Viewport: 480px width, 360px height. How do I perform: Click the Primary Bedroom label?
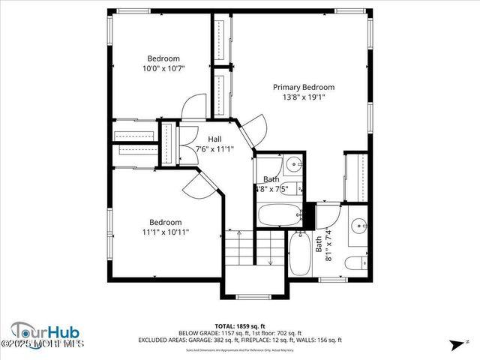303,87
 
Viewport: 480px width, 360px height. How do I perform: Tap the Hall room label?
214,139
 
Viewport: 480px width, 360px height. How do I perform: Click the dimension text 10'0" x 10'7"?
163,68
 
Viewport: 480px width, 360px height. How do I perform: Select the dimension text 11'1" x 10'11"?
165,232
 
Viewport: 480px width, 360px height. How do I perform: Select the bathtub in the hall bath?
279,215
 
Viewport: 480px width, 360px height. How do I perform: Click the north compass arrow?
456,346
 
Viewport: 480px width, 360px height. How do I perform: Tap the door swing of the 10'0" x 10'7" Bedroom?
193,106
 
